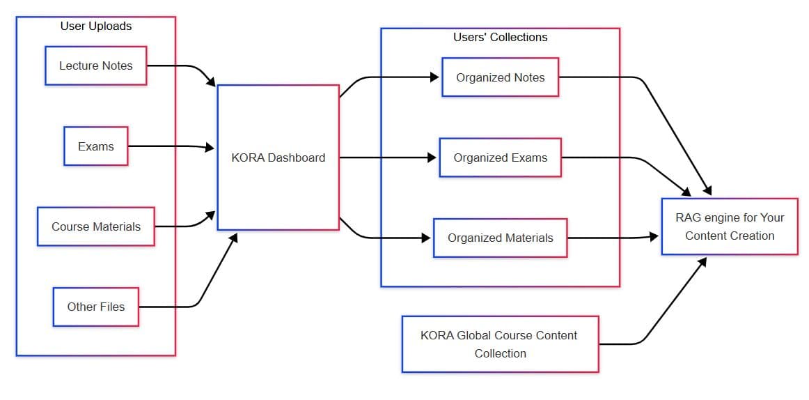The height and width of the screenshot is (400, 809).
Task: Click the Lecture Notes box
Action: (95, 66)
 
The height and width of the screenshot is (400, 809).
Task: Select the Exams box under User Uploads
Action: (95, 146)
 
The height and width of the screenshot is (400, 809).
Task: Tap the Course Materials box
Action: (95, 226)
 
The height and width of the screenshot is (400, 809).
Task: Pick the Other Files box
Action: (95, 307)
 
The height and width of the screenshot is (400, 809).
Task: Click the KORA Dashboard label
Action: (278, 157)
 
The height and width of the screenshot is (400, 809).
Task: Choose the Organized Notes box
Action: (500, 77)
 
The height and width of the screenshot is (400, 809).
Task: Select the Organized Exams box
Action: (500, 157)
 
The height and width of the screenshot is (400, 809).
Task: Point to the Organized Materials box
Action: (500, 238)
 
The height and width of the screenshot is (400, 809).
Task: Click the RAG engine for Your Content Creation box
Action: (729, 226)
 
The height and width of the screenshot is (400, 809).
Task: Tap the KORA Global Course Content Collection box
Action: (499, 344)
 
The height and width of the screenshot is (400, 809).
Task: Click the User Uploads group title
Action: (95, 26)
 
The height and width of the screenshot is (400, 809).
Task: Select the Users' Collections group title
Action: (500, 37)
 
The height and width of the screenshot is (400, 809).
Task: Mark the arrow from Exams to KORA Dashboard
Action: (171, 146)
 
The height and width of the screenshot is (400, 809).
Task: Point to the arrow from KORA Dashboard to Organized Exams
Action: (386, 157)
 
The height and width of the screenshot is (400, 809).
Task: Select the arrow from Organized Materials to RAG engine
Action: (613, 238)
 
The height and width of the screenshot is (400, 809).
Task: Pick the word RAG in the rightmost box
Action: (687, 217)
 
